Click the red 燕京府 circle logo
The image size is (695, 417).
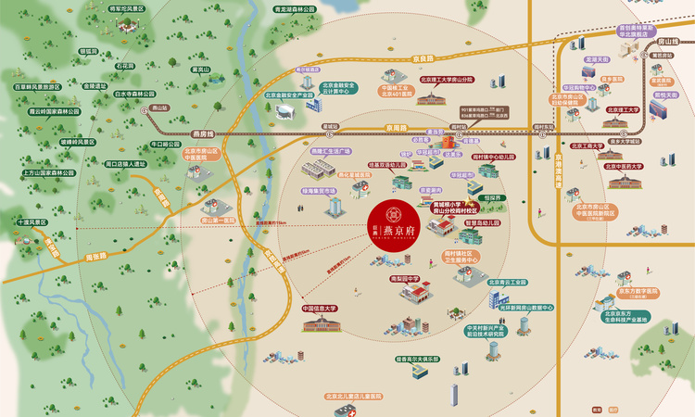(388, 216)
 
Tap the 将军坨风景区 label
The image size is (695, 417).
(128, 8)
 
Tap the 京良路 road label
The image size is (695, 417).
(424, 57)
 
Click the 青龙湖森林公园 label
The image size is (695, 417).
(270, 9)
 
